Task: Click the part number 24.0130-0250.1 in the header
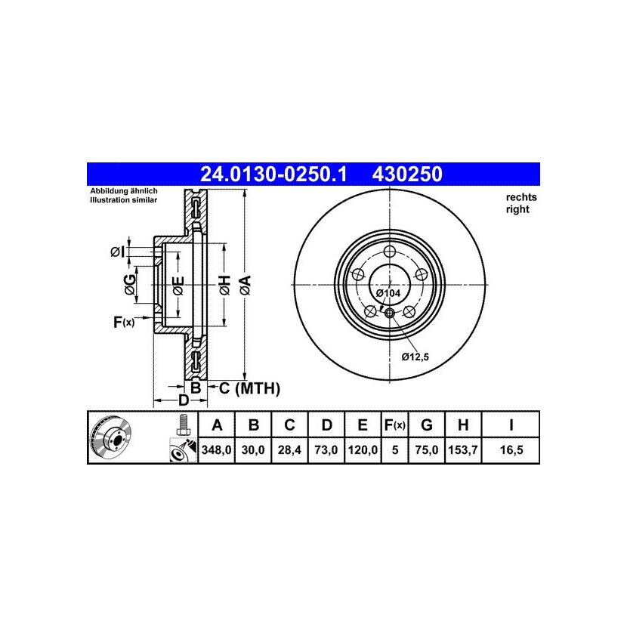tap(273, 175)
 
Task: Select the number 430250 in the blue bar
tap(407, 175)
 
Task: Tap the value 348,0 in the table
tap(216, 450)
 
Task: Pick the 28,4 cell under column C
tap(289, 450)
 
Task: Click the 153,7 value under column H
tap(463, 450)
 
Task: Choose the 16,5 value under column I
tap(511, 450)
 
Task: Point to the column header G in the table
tap(427, 425)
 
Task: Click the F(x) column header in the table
tap(394, 425)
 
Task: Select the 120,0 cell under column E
tap(363, 450)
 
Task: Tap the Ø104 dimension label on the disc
tap(388, 293)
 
